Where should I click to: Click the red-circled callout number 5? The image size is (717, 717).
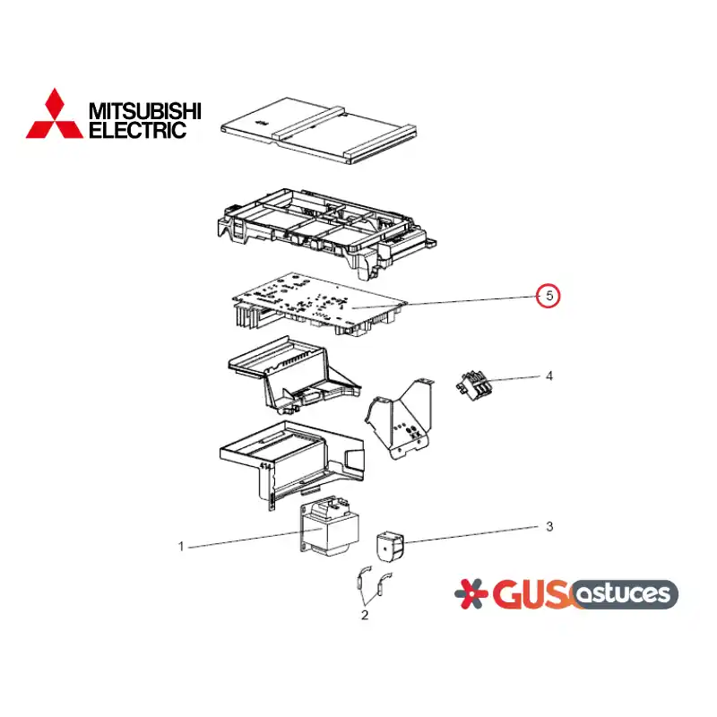point(549,296)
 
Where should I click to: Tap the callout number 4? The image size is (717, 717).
point(549,376)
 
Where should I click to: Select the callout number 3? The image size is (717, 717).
point(549,526)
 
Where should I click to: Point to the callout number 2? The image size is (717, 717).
point(365,615)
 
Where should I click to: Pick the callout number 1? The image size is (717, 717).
point(181,547)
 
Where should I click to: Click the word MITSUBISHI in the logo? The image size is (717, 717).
point(145,111)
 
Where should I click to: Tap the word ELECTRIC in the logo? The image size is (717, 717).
point(138,130)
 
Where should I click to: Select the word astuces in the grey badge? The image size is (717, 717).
point(623,593)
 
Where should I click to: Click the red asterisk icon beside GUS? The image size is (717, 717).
point(471,593)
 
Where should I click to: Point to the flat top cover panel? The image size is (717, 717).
point(319,130)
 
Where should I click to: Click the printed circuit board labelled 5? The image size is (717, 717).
point(319,304)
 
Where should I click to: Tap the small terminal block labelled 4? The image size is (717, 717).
point(473,385)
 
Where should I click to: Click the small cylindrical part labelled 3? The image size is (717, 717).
point(391,546)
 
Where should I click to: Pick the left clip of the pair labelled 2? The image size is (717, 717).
point(363,579)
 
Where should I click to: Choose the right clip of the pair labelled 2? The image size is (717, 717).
point(384,585)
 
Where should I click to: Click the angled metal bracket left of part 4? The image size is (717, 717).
point(399,419)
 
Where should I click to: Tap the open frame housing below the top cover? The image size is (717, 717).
point(326,233)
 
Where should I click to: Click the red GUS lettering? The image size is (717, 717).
point(532,594)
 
